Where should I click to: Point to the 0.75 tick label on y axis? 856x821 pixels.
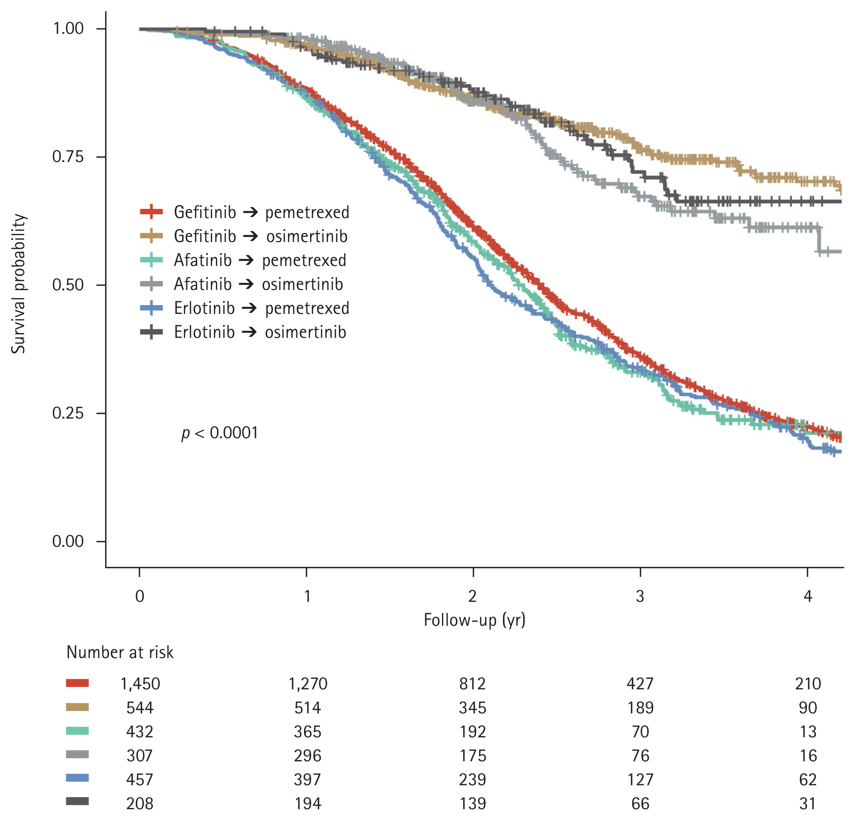point(68,157)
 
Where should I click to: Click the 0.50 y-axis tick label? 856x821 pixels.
point(68,285)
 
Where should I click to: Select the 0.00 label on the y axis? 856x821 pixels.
point(68,541)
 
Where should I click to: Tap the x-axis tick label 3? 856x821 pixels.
point(640,596)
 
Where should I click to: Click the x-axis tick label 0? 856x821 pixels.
point(139,596)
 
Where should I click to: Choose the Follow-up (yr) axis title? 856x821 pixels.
point(474,620)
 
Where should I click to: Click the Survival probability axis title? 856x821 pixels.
point(18,284)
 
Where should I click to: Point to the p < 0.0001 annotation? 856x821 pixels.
point(220,433)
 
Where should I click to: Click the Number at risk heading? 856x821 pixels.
point(120,652)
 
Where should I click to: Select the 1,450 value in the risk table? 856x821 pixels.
point(140,684)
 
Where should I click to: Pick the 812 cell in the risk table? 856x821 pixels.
point(473,684)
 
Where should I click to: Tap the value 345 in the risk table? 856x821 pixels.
point(473,708)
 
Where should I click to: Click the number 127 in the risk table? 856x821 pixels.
point(640,780)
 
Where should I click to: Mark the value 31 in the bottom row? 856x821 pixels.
point(808,803)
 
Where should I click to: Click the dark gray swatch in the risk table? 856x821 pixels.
point(77,801)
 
